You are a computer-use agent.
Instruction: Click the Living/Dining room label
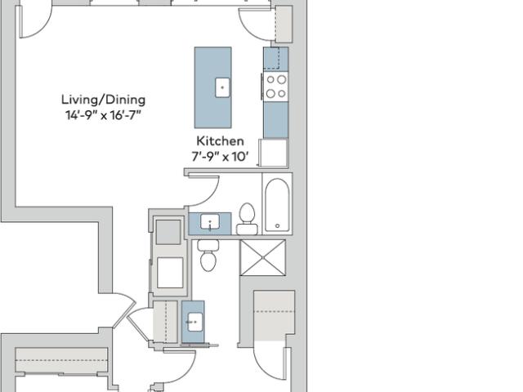click(104, 100)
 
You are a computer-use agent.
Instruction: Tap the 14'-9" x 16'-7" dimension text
click(103, 115)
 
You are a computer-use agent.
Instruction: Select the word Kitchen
click(220, 141)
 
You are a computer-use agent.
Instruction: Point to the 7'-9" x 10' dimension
click(220, 156)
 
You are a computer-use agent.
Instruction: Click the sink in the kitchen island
click(222, 87)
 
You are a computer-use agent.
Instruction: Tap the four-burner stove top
click(276, 87)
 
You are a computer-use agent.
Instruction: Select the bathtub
click(277, 203)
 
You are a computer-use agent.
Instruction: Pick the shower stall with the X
click(263, 258)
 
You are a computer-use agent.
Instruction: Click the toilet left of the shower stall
click(208, 255)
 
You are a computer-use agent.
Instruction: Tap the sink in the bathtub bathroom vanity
click(210, 222)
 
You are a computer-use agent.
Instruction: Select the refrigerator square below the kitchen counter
click(274, 153)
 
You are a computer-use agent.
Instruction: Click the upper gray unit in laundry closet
click(168, 232)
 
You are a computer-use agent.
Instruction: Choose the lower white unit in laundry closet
click(170, 272)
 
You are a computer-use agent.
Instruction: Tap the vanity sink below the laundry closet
click(194, 322)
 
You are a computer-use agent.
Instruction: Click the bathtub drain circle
click(278, 226)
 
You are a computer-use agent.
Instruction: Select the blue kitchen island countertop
click(212, 87)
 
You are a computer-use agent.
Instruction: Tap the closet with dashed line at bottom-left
click(62, 361)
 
